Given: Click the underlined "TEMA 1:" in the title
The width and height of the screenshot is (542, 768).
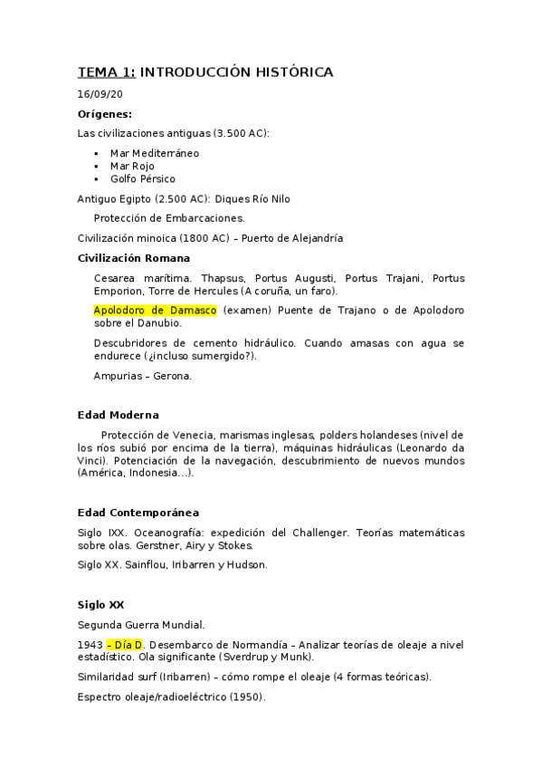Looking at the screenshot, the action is click(106, 72).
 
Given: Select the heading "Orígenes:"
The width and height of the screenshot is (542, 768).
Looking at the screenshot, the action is click(105, 114).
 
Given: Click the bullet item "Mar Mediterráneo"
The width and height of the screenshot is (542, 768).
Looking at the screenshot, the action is click(155, 153).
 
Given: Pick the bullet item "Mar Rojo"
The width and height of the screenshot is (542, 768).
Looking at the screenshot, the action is click(132, 166).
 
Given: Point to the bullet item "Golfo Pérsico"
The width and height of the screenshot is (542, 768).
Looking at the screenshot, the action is click(143, 178).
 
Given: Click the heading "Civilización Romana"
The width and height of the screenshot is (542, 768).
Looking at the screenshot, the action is click(134, 258).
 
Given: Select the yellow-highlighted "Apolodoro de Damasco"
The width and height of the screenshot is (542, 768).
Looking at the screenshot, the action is click(155, 310).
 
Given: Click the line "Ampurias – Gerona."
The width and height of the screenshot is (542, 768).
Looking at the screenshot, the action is click(142, 375).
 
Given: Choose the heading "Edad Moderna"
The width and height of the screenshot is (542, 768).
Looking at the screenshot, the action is click(119, 415).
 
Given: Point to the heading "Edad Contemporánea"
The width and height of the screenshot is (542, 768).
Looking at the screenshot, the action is click(138, 513).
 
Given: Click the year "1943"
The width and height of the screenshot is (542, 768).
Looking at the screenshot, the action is click(90, 644).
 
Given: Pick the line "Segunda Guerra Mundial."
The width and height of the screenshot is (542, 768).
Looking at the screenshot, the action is click(141, 624).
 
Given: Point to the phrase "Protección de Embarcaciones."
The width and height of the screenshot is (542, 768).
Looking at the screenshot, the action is click(169, 217).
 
